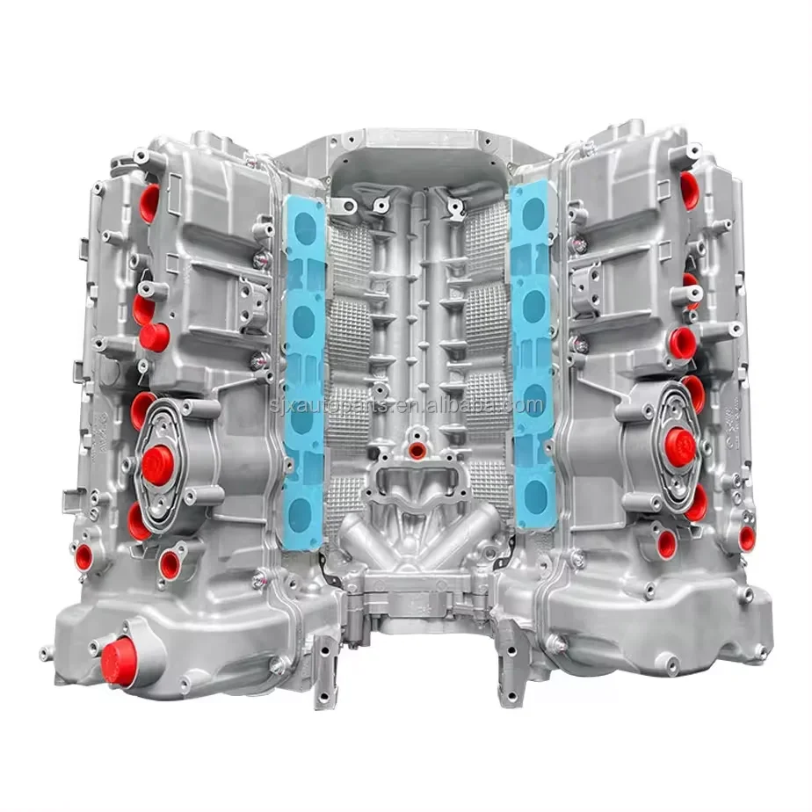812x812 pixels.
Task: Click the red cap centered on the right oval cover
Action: pos(679,446)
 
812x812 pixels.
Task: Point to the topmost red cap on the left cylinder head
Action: pos(150,202)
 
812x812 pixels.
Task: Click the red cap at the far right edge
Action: pos(747,538)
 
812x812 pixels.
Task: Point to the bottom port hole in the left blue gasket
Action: pos(302,508)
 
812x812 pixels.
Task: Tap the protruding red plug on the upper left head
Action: pos(155,337)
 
